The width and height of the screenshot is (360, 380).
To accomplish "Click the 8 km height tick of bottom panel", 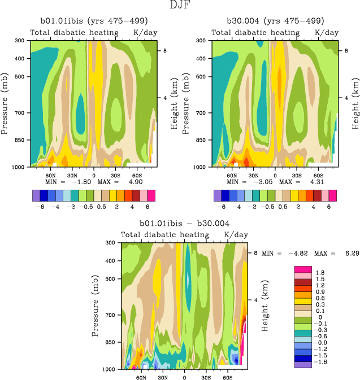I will [255, 253].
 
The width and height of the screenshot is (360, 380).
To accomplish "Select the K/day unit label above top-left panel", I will [145, 33].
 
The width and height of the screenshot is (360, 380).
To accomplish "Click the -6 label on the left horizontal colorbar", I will [40, 207].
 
